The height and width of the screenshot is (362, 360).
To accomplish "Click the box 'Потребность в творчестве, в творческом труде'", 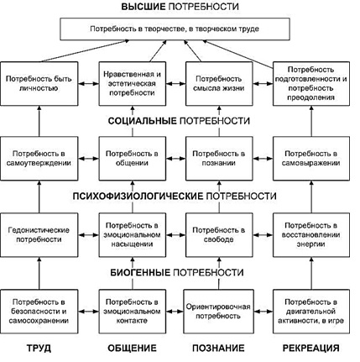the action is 175,29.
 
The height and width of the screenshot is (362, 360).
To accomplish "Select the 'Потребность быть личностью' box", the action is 39,84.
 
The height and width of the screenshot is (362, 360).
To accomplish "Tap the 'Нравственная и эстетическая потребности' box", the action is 133,84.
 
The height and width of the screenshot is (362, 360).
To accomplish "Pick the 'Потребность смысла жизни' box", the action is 219,84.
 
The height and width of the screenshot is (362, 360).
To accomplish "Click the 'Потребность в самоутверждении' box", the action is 39,159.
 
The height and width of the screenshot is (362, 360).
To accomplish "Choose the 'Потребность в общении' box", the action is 133,159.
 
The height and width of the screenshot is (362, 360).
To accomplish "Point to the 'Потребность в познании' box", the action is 219,159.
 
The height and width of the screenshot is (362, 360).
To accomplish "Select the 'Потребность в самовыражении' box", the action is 311,159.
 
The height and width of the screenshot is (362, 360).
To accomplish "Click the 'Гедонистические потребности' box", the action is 39,235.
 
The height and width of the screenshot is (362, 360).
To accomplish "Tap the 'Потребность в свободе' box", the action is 219,235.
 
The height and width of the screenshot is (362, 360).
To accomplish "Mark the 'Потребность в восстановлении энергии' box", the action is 311,235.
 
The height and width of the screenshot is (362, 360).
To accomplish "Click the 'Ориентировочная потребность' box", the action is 218,312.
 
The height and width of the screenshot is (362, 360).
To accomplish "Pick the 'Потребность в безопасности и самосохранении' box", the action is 39,312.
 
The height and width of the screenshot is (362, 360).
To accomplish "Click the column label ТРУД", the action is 39,348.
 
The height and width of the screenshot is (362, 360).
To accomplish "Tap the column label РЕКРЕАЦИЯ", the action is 311,348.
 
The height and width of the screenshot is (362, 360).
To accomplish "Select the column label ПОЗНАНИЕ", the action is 218,348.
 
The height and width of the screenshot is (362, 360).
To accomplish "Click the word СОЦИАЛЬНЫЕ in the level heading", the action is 143,121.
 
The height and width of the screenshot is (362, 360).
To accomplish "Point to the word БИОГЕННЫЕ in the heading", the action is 140,272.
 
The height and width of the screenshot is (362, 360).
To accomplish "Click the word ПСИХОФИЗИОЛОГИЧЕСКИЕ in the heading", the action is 138,196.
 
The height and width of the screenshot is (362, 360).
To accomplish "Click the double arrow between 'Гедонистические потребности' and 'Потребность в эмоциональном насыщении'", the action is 89,235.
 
